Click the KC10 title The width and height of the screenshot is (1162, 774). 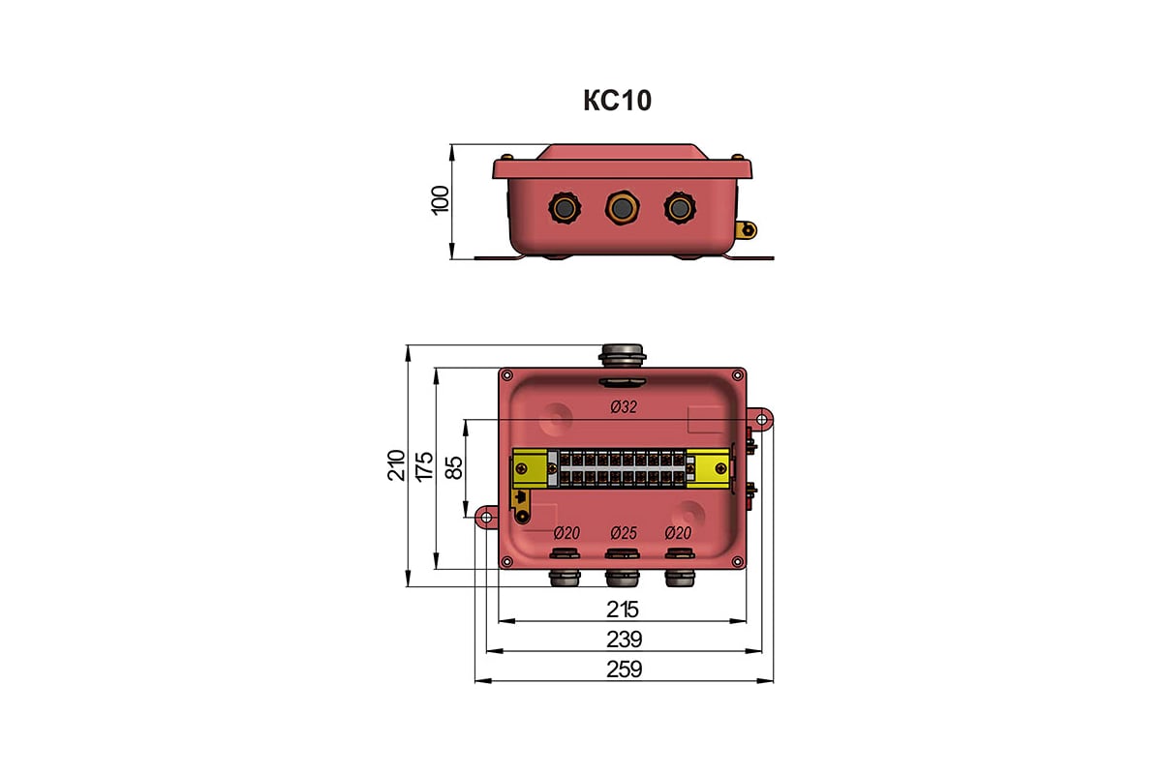pyautogui.click(x=618, y=101)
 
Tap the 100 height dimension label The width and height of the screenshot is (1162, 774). pyautogui.click(x=441, y=200)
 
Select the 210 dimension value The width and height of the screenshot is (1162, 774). pyautogui.click(x=396, y=465)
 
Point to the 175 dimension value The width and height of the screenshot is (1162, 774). pyautogui.click(x=424, y=466)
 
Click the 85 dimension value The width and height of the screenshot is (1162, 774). pyautogui.click(x=454, y=467)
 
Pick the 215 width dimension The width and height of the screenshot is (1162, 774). pyautogui.click(x=623, y=610)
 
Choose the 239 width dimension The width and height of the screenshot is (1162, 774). pyautogui.click(x=624, y=640)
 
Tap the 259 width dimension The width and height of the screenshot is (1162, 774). pyautogui.click(x=624, y=670)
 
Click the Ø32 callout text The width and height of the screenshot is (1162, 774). pyautogui.click(x=624, y=407)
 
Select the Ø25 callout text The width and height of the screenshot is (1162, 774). pyautogui.click(x=624, y=533)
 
